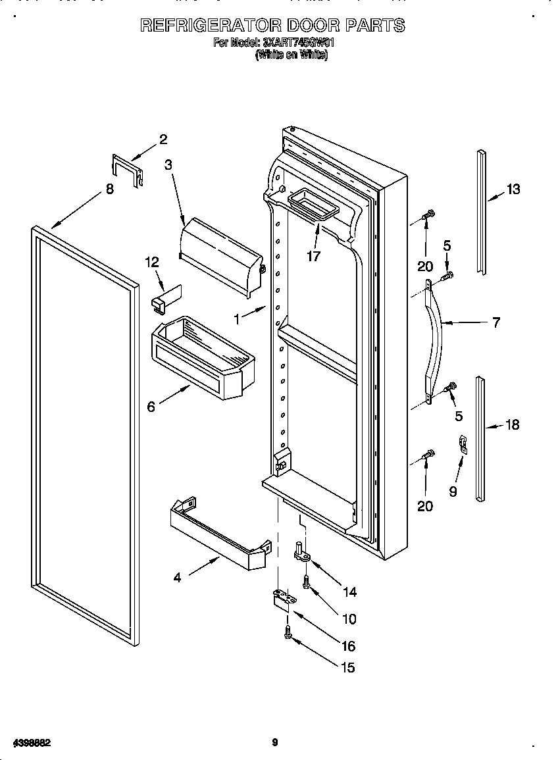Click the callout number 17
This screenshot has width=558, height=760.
314,256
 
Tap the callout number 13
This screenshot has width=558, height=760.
513,190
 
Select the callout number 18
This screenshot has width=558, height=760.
512,425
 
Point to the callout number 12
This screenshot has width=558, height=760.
152,262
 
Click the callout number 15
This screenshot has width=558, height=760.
348,668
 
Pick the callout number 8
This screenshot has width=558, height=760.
110,189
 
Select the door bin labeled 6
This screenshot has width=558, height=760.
203,359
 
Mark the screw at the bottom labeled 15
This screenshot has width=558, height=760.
289,632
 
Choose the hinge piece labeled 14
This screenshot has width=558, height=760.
303,553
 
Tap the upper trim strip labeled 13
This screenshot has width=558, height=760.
482,211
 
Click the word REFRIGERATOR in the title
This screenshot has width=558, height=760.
210,26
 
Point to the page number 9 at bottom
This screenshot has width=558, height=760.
275,743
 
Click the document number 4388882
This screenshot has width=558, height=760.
27,743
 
